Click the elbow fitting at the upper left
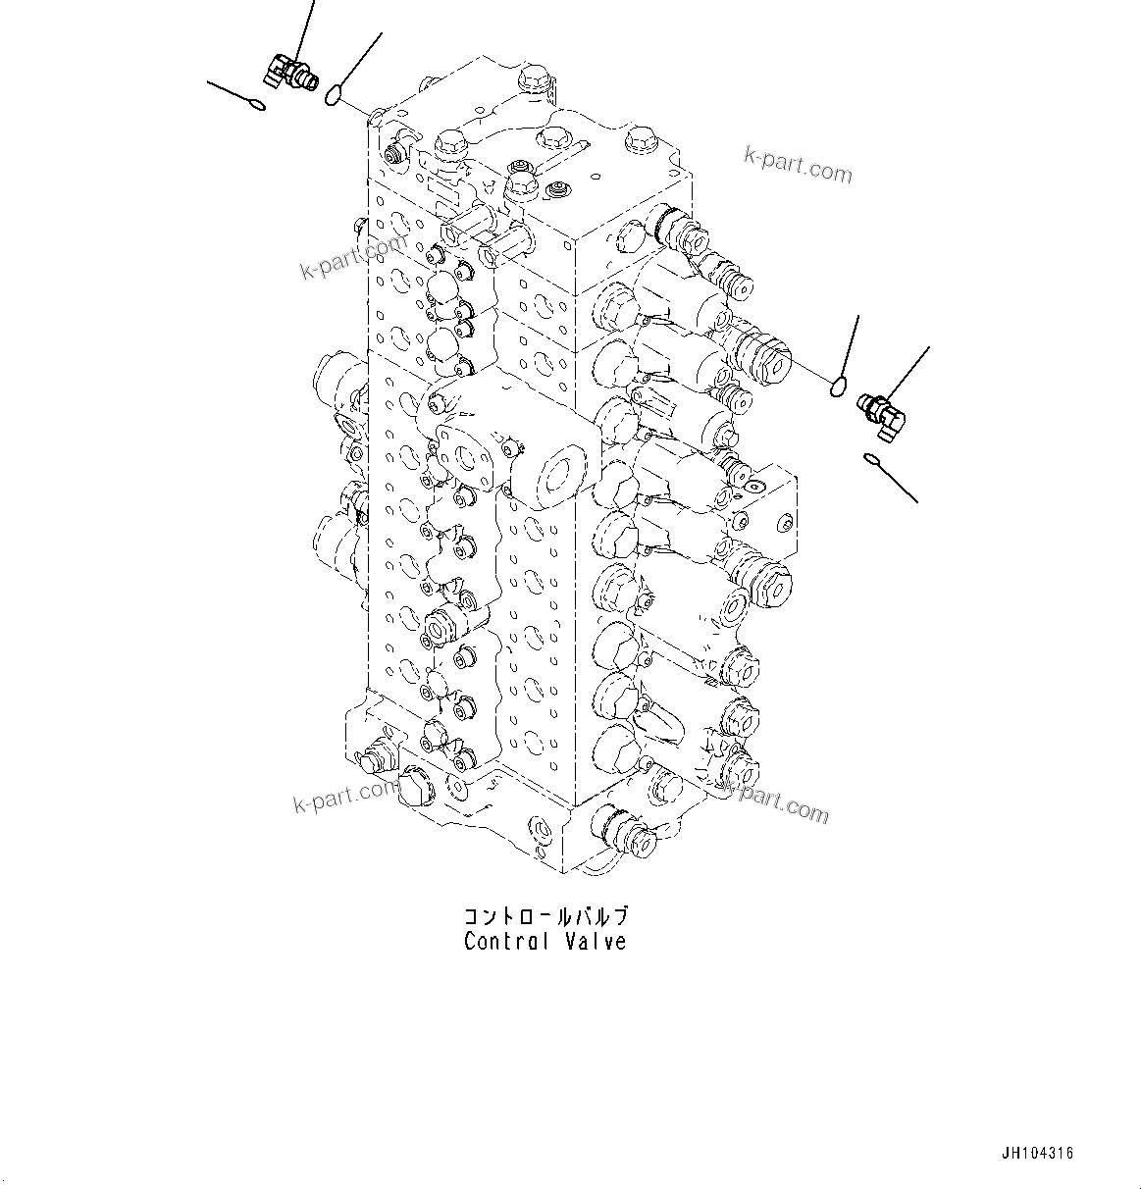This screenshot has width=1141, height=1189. pyautogui.click(x=287, y=73)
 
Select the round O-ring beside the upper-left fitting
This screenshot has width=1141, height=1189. pyautogui.click(x=334, y=94)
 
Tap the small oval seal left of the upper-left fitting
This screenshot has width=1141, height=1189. pyautogui.click(x=257, y=105)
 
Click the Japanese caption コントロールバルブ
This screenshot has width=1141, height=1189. pyautogui.click(x=545, y=917)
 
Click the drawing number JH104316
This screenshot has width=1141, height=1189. pyautogui.click(x=1038, y=1154)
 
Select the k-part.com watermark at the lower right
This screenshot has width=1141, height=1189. pyautogui.click(x=775, y=800)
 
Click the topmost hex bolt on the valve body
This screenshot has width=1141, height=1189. pyautogui.click(x=531, y=78)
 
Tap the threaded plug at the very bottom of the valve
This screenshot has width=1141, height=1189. pyautogui.click(x=622, y=831)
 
